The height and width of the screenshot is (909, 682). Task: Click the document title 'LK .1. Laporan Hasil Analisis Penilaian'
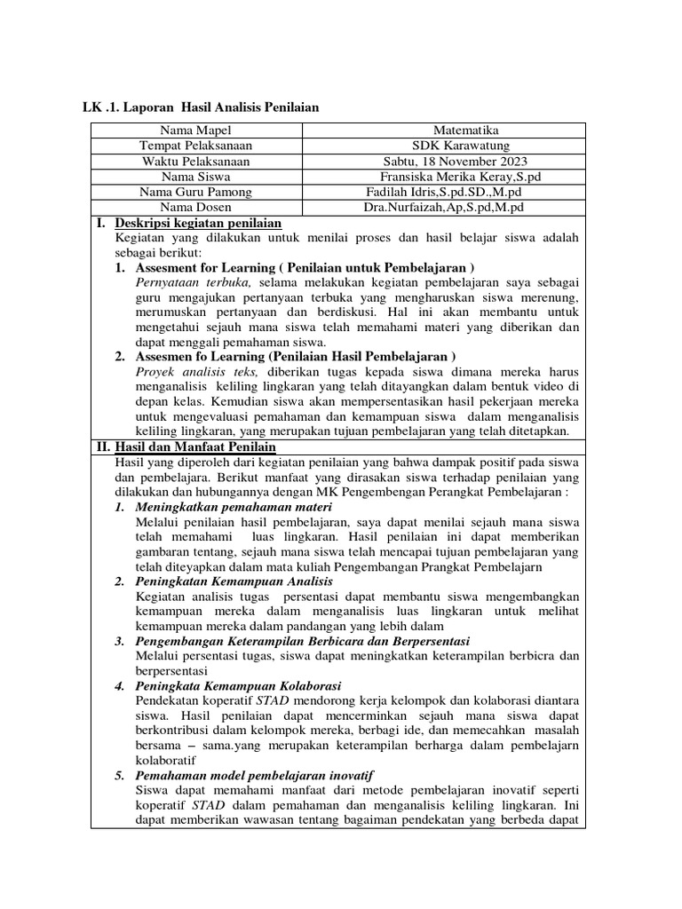(x=200, y=107)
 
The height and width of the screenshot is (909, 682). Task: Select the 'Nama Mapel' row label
(x=196, y=131)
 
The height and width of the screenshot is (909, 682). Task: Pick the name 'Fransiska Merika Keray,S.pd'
(x=454, y=177)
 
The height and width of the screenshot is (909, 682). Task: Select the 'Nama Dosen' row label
(x=196, y=207)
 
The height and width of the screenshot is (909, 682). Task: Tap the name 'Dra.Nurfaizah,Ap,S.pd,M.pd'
(x=442, y=207)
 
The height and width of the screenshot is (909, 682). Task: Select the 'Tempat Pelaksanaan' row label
(x=196, y=146)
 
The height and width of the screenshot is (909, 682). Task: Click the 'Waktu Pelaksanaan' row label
(x=196, y=162)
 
